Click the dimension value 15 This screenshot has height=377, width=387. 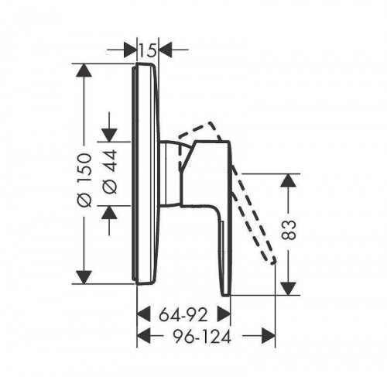tap(148, 50)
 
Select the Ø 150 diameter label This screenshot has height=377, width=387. tap(85, 180)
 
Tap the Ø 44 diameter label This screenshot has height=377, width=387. tap(110, 172)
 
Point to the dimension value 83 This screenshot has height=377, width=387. tap(288, 230)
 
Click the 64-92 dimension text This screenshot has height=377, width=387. tap(183, 315)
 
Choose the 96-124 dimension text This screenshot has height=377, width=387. tap(202, 337)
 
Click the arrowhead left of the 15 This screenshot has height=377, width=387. tap(130, 50)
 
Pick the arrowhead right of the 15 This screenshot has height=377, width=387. tap(165, 50)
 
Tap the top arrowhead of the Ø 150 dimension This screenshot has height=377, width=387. tap(84, 70)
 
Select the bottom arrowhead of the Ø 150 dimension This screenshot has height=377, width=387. tap(84, 277)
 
